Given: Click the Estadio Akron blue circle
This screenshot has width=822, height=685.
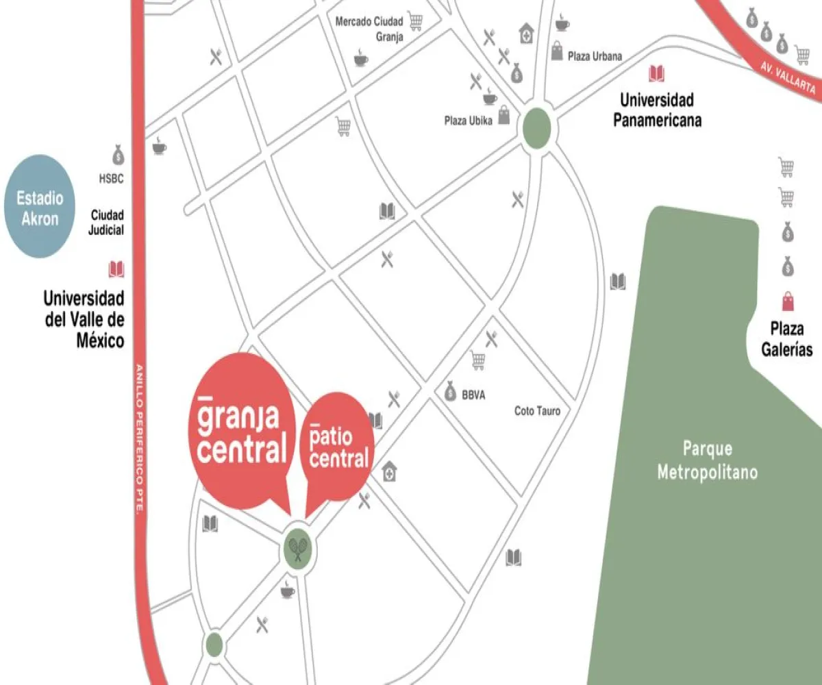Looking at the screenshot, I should tap(40, 207).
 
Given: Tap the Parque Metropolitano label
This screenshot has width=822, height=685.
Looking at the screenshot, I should tap(707, 460).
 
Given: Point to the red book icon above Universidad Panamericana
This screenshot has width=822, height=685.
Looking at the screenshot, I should tap(656, 74).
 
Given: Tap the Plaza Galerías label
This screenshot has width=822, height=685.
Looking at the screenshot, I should tap(787, 340).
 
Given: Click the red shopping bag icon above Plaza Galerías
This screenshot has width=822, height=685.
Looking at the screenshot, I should tap(788, 301).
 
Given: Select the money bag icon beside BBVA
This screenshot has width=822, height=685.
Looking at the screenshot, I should tap(450, 391).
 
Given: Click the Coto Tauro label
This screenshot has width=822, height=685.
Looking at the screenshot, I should tap(537, 411).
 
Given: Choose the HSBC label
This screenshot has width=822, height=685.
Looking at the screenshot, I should tap(111, 179).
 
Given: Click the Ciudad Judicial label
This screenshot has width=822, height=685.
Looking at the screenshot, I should tap(107, 223).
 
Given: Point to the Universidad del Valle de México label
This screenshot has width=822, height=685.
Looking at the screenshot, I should tap(84, 319).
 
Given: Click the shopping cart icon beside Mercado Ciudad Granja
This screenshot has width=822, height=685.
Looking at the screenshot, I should tap(415, 21).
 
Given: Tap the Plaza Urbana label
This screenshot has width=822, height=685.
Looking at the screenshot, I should tap(595, 56).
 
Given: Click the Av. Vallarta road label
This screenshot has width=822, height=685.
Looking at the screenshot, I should tap(788, 78).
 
